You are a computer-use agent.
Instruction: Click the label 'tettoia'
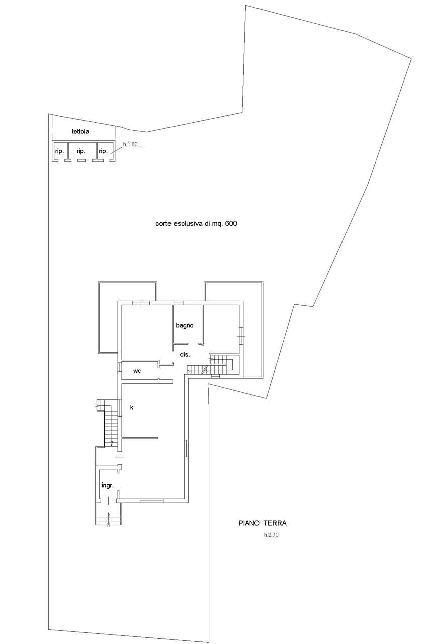(x=80, y=132)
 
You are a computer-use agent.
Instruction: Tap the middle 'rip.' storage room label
(x=81, y=151)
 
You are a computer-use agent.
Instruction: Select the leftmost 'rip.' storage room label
(x=59, y=151)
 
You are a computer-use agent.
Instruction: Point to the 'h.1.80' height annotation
(x=130, y=144)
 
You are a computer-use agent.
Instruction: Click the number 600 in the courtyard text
(x=231, y=223)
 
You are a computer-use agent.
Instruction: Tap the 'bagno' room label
(x=185, y=325)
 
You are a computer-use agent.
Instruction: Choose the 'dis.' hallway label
(x=185, y=355)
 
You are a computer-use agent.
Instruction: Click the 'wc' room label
(x=137, y=371)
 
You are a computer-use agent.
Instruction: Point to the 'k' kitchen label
(x=132, y=407)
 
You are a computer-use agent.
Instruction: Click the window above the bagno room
(x=180, y=303)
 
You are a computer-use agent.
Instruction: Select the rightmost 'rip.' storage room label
(x=103, y=151)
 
